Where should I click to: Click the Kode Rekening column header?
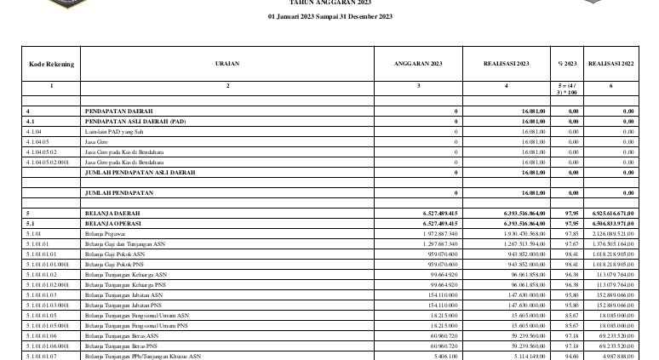(x=51, y=65)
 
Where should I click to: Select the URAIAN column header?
(x=227, y=65)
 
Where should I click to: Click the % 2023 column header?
(x=566, y=65)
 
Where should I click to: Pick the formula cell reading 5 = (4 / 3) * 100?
(x=566, y=89)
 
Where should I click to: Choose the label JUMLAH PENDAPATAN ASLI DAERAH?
(x=140, y=172)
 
